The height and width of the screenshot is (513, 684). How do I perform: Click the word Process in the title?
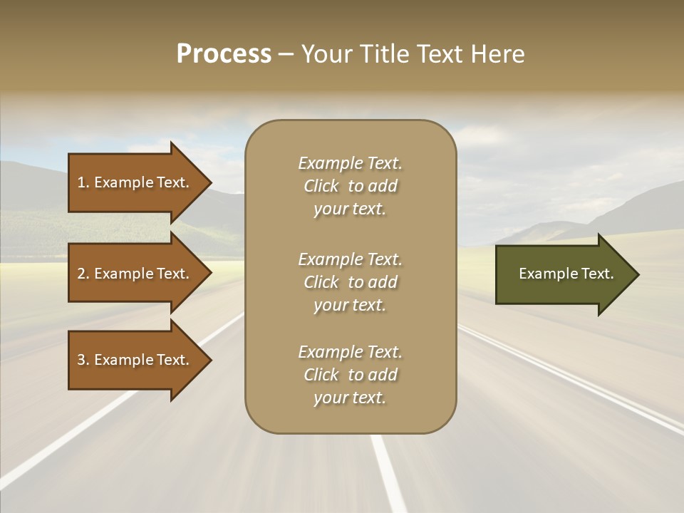(224, 54)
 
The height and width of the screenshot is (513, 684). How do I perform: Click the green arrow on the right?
(563, 274)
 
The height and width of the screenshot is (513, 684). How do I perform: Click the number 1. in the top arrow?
(83, 182)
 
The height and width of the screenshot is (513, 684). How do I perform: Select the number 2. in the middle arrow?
(83, 274)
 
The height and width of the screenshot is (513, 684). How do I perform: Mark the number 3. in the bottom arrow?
(83, 360)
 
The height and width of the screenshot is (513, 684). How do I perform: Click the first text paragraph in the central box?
(350, 186)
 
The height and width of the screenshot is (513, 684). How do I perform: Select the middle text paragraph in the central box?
(350, 282)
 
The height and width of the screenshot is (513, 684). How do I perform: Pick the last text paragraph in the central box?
(350, 375)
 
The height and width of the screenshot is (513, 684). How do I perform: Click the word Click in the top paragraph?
(321, 186)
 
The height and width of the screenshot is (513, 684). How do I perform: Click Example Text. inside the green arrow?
(566, 274)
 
